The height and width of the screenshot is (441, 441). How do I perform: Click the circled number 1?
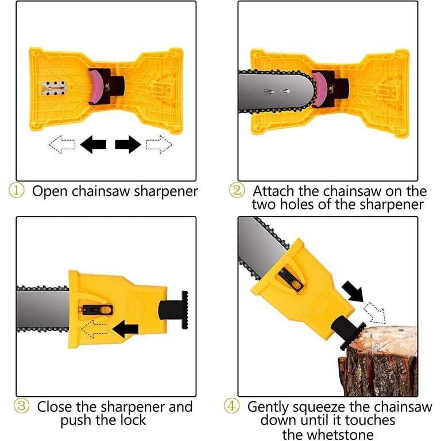point(16,191)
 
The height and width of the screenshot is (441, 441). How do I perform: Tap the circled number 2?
point(237,191)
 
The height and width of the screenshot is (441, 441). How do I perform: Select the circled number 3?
point(22,407)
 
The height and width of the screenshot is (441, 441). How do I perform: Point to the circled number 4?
point(233,407)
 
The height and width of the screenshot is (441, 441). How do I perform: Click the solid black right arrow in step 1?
point(127,145)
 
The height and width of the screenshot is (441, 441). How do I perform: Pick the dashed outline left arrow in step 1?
point(62,144)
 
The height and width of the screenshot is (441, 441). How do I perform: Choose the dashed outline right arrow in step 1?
point(158,144)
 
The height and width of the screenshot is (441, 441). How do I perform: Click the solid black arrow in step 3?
point(126,329)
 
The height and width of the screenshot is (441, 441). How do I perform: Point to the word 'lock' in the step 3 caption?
point(133,420)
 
